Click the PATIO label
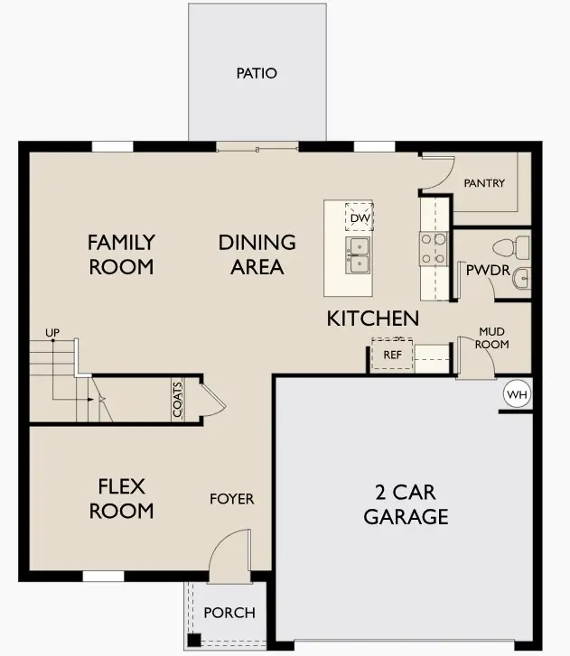257,73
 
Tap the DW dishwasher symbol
359,217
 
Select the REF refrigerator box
392,355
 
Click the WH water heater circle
516,395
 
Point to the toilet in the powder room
513,245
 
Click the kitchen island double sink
358,255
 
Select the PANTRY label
484,183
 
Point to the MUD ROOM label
493,338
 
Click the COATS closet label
177,400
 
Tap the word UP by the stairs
52,334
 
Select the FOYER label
232,499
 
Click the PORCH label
229,613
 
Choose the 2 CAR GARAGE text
406,504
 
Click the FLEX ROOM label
126,499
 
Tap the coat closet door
209,399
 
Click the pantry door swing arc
435,173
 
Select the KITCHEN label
372,318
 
